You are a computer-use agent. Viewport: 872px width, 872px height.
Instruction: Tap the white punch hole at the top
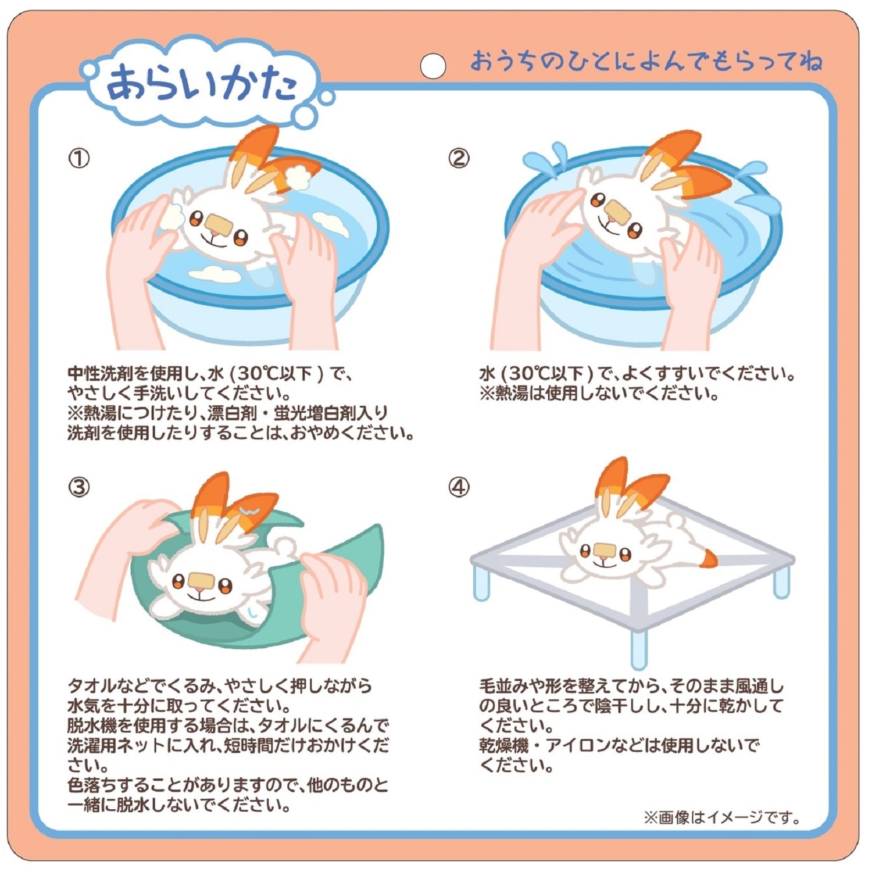point(433,66)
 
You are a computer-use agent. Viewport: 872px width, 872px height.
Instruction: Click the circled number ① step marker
point(79,158)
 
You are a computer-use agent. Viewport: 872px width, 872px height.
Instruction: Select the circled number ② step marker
point(459,158)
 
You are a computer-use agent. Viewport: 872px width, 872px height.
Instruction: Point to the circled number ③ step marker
point(79,487)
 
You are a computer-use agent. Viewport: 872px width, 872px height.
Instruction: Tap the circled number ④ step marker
point(459,487)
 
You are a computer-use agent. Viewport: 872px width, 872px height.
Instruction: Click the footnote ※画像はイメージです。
point(721,818)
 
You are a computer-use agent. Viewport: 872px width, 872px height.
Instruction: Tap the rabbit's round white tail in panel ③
point(285,546)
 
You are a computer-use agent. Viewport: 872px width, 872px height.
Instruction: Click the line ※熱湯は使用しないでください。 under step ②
point(599,394)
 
